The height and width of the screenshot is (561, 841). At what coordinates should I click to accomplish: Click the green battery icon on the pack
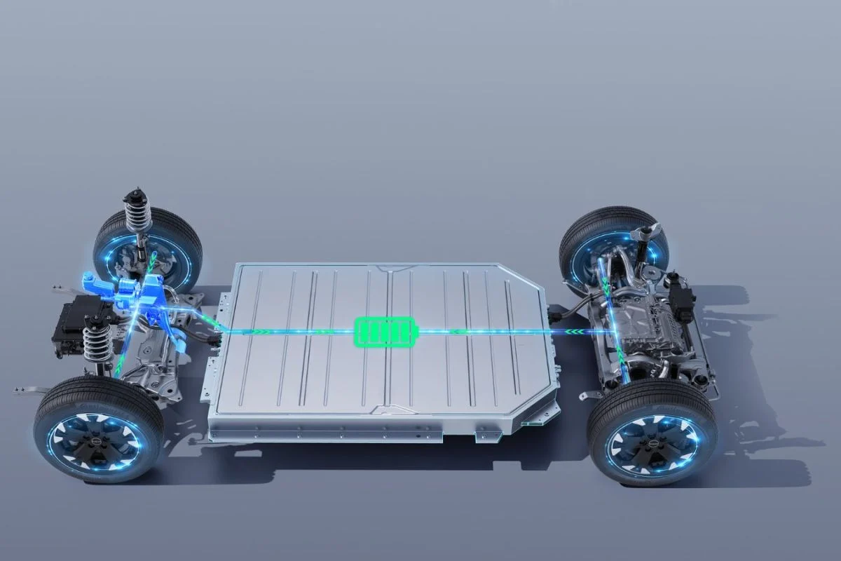(x=385, y=331)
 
